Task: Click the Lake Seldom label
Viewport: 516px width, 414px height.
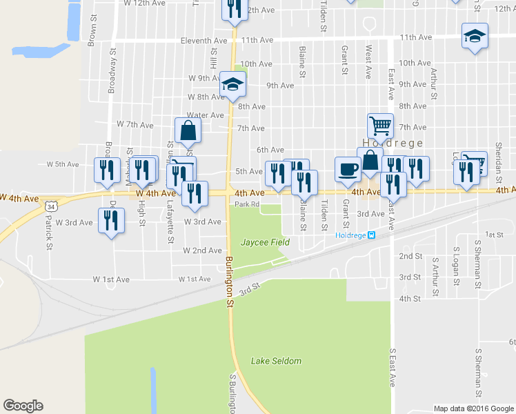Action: pos(276,361)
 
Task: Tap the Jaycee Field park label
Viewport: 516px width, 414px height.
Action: pos(264,242)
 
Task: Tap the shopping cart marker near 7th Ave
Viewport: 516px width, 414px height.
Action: pos(380,126)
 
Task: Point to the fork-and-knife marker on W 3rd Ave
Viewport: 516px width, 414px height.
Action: pos(111,221)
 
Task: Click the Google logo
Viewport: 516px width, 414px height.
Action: pos(23,406)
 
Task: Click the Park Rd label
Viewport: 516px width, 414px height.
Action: pos(246,204)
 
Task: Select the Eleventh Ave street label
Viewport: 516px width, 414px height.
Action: pos(204,41)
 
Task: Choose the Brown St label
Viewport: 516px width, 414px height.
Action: pos(92,34)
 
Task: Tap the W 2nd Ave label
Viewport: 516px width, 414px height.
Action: pos(202,250)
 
